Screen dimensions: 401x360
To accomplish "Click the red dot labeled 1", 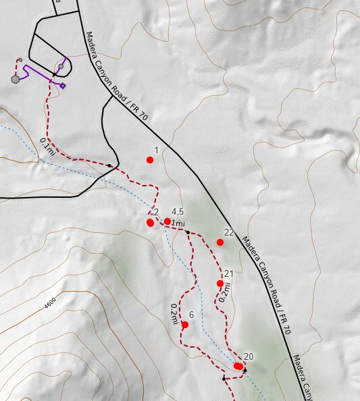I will pos(150,160).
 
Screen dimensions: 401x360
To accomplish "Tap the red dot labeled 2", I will pos(151,222).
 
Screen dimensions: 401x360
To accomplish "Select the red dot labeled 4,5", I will pos(167,221).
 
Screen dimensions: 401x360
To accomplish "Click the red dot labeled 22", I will pos(220,242).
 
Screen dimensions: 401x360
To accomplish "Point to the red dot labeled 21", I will pos(220,283).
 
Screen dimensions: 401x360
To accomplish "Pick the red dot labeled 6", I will pos(185,325).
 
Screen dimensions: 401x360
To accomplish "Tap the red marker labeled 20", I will pos(238,366).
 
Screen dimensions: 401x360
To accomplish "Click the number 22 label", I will pos(229,232).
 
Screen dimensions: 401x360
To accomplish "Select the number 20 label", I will pos(248,356).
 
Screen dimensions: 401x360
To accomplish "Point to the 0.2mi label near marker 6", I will pos(174,314).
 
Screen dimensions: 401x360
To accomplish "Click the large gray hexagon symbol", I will pos(15,78).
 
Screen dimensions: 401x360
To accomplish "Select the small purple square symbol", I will pos(63,86).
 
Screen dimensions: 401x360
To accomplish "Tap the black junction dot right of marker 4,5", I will pos(187,232).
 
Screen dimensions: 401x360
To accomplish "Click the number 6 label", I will pos(192,315).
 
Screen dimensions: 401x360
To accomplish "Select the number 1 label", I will pos(156,150).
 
